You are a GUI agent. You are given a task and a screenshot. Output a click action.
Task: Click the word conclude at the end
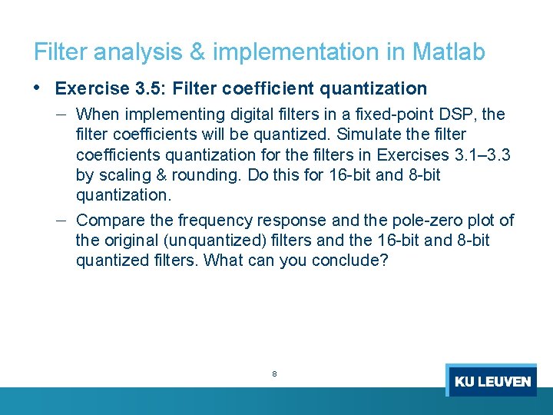pos(350,261)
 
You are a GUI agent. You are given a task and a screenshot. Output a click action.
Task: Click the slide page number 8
pos(274,374)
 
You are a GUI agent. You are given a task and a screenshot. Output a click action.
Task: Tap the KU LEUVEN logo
pos(492,380)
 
